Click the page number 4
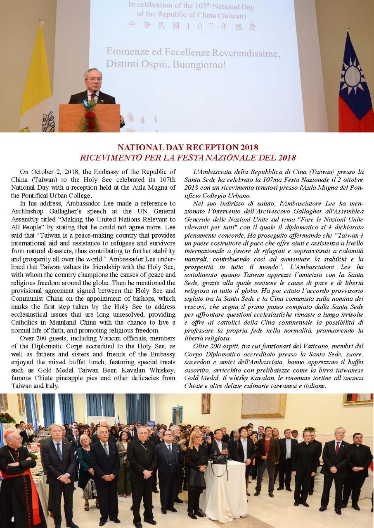click(x=12, y=519)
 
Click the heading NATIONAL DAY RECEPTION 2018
click(x=188, y=147)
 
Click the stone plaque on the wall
click(x=263, y=406)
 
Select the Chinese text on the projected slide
click(x=192, y=27)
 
